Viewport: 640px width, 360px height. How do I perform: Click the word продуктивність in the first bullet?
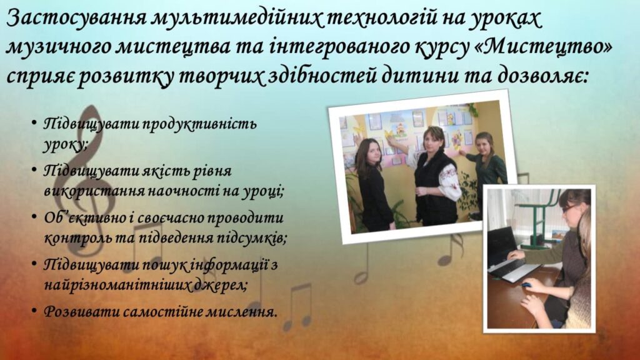200,124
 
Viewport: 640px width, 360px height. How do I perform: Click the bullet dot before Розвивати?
34,312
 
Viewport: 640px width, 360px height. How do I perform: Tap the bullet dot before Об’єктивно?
34,217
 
